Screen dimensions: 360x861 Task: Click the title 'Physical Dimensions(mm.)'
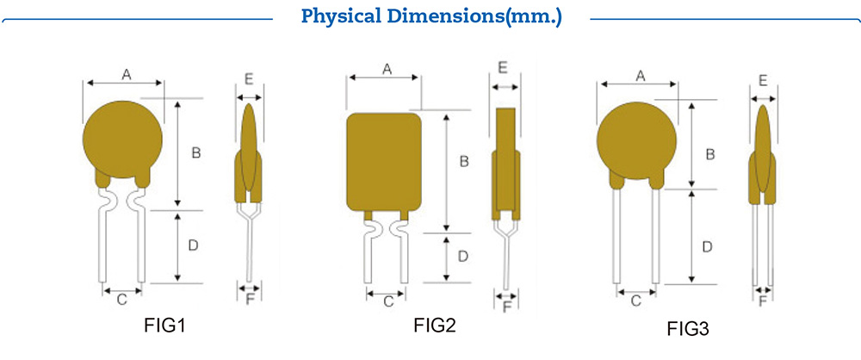click(x=430, y=16)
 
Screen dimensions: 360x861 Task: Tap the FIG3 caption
click(x=688, y=328)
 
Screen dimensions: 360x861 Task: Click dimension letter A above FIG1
click(x=126, y=75)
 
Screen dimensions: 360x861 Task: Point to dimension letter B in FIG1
click(x=195, y=153)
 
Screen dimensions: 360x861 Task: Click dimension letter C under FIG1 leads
click(x=122, y=299)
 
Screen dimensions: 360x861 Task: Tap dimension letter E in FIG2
click(x=504, y=67)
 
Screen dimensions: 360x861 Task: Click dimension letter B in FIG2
click(x=463, y=161)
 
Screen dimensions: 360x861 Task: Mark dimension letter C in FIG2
click(x=387, y=301)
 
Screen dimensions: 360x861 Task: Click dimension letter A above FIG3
click(x=640, y=76)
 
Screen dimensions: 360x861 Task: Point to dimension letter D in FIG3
click(x=706, y=246)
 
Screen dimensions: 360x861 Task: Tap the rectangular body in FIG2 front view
click(x=385, y=162)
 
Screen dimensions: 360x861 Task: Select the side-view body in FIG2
click(x=505, y=164)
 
